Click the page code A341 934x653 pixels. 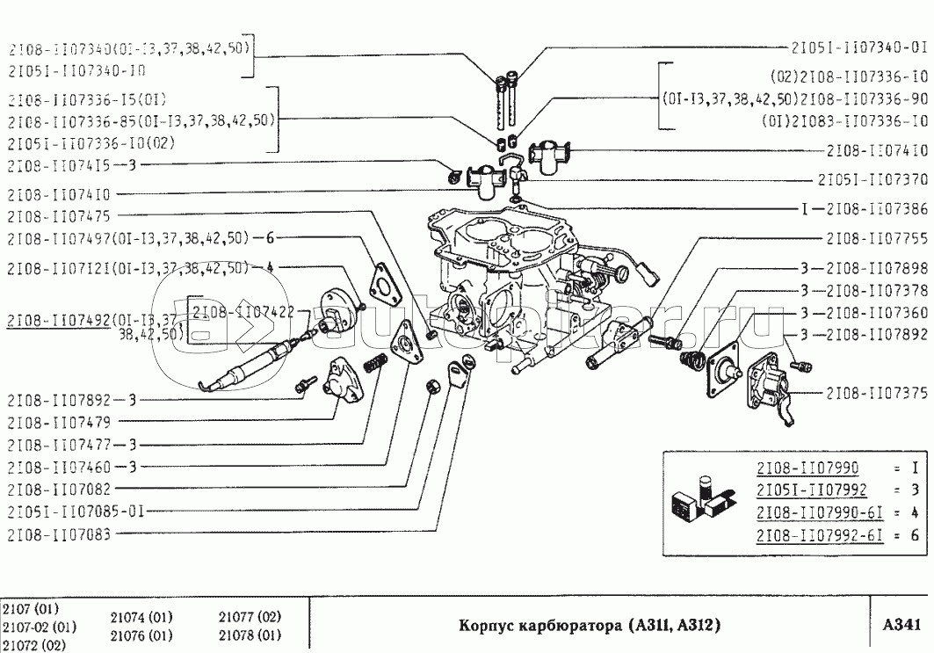tap(901, 625)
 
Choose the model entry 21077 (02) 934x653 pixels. tap(249, 617)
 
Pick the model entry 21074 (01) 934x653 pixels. tap(141, 617)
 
